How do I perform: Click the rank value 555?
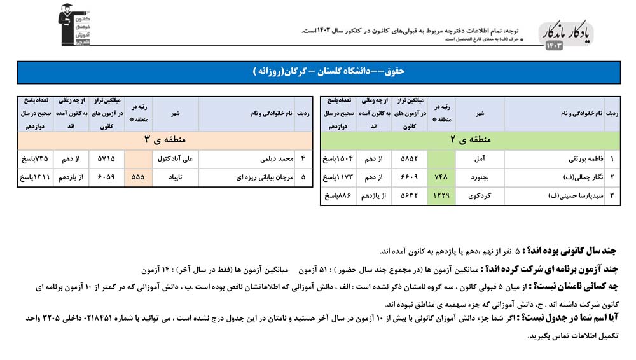[x=139, y=177]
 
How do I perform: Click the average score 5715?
[x=106, y=159]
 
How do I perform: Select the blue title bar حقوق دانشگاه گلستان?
[x=318, y=72]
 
